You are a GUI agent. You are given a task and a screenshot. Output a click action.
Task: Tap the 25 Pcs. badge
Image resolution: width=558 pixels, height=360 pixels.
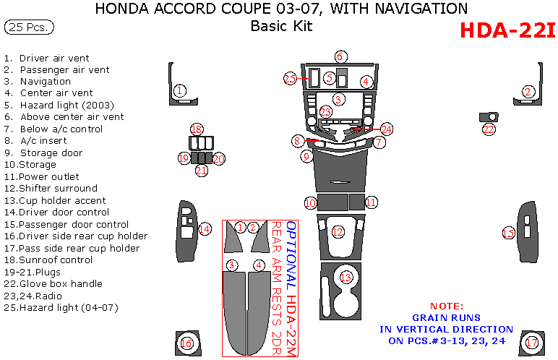[x=28, y=27]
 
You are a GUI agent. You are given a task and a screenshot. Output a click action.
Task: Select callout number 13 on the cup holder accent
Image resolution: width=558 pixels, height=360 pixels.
[x=346, y=277]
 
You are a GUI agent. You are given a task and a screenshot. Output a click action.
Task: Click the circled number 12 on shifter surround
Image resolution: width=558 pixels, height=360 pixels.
[x=338, y=231]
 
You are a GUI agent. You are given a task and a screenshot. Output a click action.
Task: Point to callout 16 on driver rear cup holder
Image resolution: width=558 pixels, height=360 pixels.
[x=186, y=343]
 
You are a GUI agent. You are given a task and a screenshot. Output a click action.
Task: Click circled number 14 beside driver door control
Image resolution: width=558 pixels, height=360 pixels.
[x=205, y=229]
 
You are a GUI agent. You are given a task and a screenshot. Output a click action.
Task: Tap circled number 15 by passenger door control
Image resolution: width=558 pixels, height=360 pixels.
[x=508, y=233]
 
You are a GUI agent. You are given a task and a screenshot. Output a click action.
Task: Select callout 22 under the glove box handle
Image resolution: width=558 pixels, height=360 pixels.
[x=489, y=129]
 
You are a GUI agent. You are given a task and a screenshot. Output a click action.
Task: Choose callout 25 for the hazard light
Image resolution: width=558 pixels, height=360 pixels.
[x=290, y=78]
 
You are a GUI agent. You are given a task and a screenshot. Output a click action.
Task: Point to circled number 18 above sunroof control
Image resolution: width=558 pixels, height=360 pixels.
[x=196, y=129]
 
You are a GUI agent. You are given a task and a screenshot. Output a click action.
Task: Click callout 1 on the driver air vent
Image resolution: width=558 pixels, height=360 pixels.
[x=179, y=90]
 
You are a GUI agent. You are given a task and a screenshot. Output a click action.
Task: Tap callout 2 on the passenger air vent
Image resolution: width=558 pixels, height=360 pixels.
[x=528, y=91]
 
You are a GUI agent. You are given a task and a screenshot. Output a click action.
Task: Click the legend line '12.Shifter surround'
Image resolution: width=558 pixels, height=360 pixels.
[x=51, y=189]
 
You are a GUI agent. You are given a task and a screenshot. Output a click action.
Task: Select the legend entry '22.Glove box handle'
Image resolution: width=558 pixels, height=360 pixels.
[x=53, y=284]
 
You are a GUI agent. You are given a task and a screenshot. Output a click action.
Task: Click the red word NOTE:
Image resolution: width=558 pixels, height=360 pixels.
[x=447, y=306]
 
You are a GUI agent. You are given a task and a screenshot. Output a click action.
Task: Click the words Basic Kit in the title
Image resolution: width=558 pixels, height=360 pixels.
[x=280, y=27]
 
